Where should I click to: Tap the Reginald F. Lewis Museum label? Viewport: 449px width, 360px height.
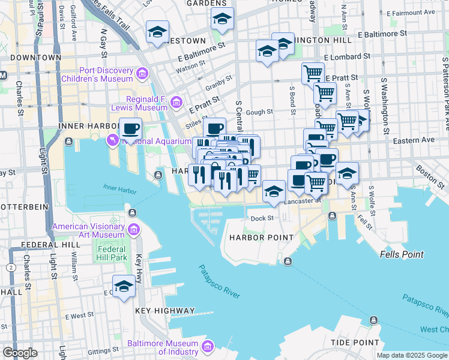tap(146, 103)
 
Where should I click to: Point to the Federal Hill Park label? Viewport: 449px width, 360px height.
tap(112, 253)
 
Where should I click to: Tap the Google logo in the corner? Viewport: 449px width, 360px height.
tap(20, 353)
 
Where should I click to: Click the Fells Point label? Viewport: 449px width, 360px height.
tap(402, 254)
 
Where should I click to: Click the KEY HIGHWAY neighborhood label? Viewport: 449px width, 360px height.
tap(165, 311)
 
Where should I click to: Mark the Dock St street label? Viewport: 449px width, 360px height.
tap(262, 218)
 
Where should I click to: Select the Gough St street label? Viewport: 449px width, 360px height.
tap(259, 112)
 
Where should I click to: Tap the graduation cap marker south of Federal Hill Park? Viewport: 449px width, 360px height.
tap(124, 287)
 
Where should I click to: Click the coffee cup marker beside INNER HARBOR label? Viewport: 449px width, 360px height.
tap(130, 128)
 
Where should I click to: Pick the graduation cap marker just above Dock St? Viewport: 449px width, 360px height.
tap(274, 191)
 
